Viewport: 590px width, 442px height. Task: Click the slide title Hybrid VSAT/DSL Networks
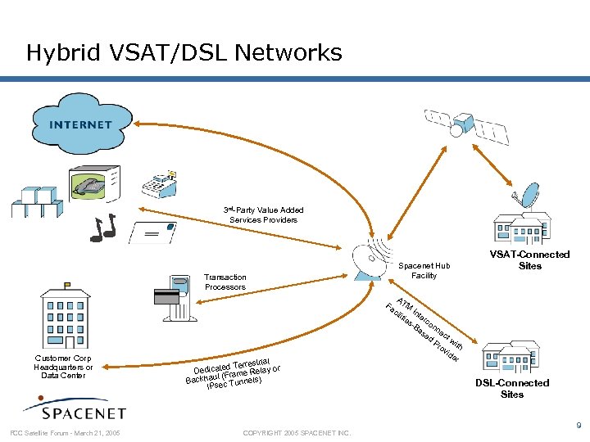(x=184, y=53)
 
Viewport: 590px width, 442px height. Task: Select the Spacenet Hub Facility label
(x=424, y=271)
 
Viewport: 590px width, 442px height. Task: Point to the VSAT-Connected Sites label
(x=529, y=260)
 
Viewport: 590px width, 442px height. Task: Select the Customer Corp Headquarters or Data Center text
(x=64, y=367)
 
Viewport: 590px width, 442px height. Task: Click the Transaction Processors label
(x=225, y=282)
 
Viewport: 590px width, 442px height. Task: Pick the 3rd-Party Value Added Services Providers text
(x=263, y=215)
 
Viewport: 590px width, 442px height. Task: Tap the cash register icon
(x=160, y=184)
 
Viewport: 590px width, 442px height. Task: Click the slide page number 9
(x=579, y=426)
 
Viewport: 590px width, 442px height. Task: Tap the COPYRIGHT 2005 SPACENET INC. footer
(x=297, y=432)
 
